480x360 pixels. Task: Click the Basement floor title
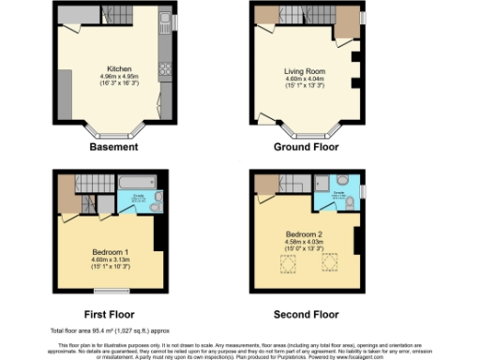click(113, 146)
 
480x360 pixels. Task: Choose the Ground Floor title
click(304, 146)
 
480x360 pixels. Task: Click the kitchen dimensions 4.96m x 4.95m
click(119, 77)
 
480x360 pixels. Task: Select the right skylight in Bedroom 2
click(329, 266)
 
